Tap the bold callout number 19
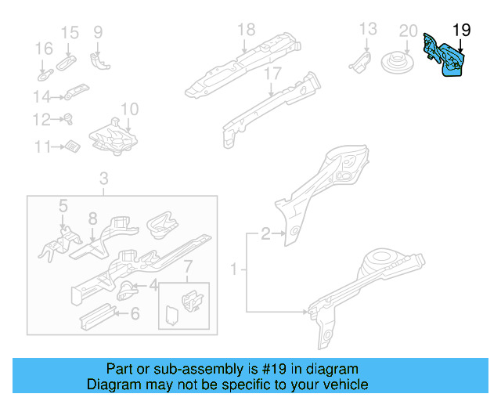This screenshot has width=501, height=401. (462, 31)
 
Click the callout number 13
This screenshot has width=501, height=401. (368, 30)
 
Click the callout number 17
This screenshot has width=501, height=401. (272, 74)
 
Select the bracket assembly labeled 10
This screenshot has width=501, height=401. (117, 136)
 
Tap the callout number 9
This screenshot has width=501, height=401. (98, 32)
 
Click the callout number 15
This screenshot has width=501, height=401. (70, 32)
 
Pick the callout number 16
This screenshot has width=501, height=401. (43, 49)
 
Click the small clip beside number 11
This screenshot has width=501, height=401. (72, 146)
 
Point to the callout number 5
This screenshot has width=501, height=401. (63, 206)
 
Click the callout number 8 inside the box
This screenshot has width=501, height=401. (92, 219)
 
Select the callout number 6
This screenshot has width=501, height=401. (135, 314)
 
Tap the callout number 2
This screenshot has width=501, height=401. (265, 233)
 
